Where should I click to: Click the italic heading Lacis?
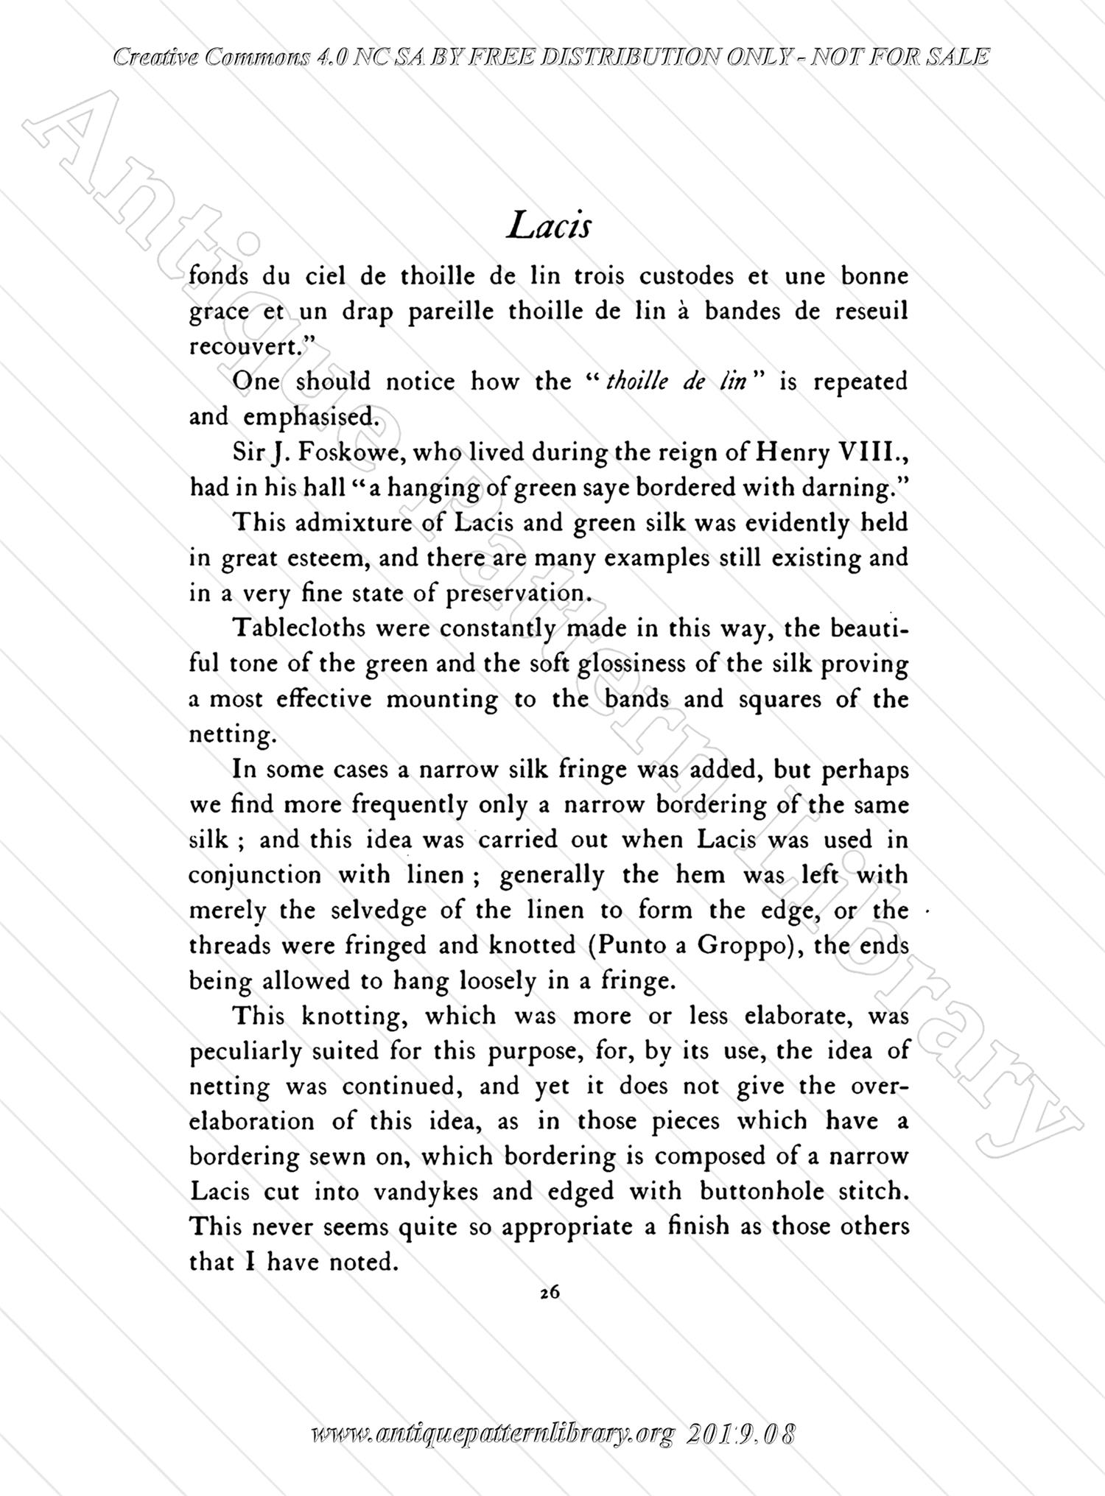click(x=549, y=225)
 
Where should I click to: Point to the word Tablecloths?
click(x=298, y=628)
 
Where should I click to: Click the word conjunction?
click(x=256, y=875)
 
